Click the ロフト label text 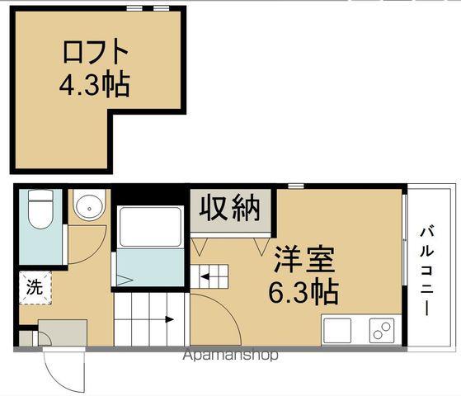[96, 52]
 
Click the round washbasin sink [87, 207]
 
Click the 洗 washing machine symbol [35, 288]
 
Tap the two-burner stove [382, 330]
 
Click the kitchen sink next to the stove [338, 330]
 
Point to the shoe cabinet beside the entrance [63, 333]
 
